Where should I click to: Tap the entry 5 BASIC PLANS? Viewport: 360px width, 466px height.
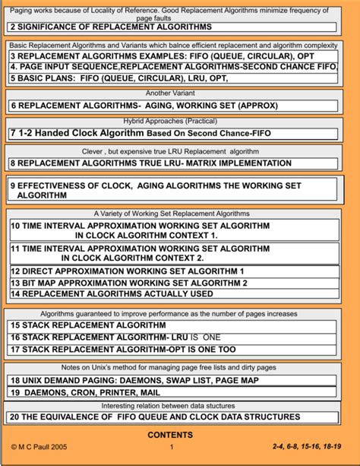[118, 78]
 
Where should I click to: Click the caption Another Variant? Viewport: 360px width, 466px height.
[179, 93]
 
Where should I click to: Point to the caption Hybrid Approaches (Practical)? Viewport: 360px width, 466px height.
[179, 121]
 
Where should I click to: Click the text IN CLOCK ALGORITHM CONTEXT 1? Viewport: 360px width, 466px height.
[147, 236]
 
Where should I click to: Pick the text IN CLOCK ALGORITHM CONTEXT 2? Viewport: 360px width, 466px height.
[147, 258]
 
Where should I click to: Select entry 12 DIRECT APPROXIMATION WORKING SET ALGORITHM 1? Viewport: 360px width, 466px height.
[127, 271]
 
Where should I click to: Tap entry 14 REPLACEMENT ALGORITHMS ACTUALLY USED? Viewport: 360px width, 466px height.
[111, 293]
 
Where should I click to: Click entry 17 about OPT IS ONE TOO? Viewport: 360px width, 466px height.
[123, 350]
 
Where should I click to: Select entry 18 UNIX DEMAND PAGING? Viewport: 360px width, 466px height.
[134, 379]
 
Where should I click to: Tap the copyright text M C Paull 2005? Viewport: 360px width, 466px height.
[41, 447]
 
